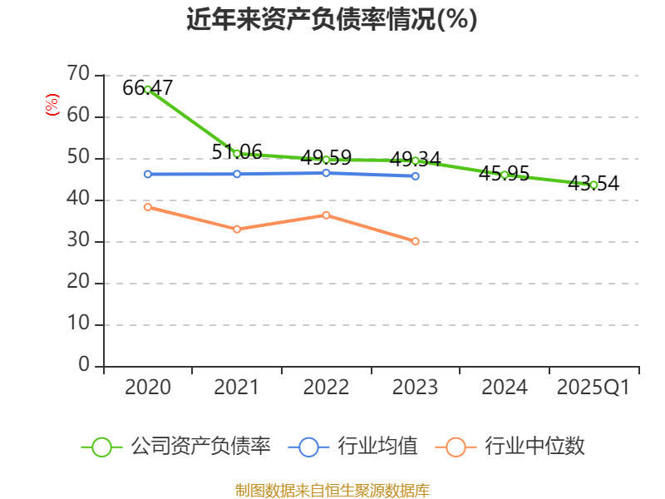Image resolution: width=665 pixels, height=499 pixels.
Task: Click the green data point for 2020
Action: coord(148,89)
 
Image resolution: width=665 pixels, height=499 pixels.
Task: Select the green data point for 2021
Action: coord(237,153)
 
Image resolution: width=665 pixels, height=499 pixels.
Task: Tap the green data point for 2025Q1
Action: coord(594,185)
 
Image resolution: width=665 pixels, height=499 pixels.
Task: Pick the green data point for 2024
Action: coord(505,175)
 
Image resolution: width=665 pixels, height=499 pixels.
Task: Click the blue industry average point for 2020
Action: coord(148,174)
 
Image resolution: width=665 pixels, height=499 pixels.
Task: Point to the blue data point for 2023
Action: coord(416,176)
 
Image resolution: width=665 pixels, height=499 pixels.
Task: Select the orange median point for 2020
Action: coord(148,206)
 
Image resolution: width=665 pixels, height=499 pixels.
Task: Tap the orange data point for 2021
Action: coord(237,229)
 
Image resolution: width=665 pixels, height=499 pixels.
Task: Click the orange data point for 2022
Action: coord(326,215)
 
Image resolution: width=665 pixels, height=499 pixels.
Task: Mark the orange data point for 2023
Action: coord(416,241)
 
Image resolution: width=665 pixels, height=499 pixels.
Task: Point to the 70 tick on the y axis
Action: coord(78,75)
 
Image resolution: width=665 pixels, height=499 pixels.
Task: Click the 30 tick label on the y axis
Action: coord(78,241)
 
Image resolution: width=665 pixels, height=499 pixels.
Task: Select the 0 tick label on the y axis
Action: coord(84,366)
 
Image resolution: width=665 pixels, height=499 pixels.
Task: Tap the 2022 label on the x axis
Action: coord(326,388)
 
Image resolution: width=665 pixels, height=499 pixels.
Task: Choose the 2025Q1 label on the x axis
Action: coord(594,388)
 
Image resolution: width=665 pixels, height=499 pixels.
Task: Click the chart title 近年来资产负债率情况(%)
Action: coord(332,20)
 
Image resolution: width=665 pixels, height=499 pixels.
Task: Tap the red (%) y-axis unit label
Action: coord(52,106)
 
